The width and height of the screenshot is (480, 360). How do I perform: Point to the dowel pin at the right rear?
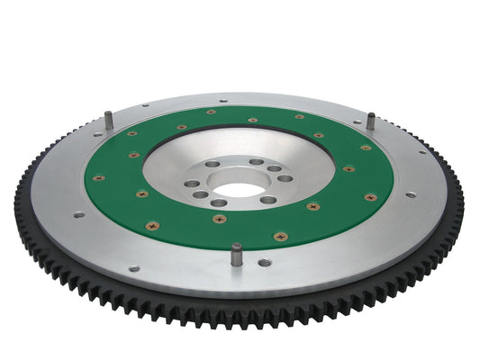click(370, 121)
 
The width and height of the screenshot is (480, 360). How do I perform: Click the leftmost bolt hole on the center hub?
click(190, 184)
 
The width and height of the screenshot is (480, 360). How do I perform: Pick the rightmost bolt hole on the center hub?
click(285, 178)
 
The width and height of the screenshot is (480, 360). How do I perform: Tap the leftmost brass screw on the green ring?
click(99, 177)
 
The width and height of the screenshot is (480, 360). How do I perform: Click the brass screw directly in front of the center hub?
click(218, 217)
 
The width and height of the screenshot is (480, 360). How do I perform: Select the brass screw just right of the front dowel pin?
click(279, 237)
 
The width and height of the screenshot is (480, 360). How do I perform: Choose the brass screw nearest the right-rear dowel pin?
click(366, 148)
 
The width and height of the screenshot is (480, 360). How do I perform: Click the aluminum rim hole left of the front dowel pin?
click(134, 267)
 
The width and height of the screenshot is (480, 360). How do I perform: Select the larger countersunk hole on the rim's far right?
click(411, 194)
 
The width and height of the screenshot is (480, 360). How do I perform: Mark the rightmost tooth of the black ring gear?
click(461, 189)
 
